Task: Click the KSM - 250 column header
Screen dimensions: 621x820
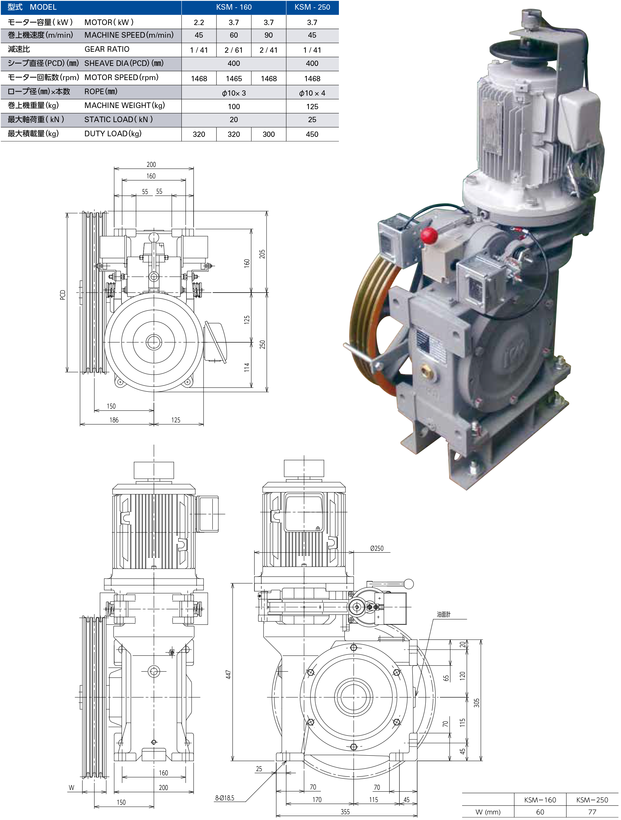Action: (312, 7)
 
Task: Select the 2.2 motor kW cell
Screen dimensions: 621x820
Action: (199, 22)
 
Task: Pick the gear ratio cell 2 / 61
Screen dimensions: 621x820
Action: (234, 50)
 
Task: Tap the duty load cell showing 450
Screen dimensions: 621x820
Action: (312, 134)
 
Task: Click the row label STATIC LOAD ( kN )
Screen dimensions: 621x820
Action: (119, 119)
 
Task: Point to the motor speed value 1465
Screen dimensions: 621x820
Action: (234, 79)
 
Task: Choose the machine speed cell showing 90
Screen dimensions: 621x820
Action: (269, 35)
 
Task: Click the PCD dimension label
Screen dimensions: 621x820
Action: (63, 295)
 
